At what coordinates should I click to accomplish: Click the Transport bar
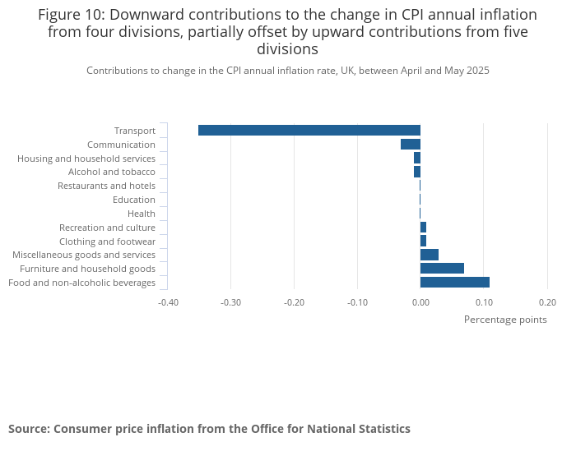click(309, 130)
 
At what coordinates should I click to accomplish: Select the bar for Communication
click(411, 144)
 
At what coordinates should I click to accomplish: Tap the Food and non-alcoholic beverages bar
click(454, 283)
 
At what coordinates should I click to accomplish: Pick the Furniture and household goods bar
click(442, 269)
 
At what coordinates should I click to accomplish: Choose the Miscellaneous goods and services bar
click(429, 255)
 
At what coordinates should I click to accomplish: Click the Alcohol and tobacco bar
click(417, 172)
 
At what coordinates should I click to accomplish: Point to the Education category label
click(133, 200)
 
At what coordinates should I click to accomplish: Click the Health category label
click(141, 214)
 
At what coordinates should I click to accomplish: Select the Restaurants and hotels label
click(106, 186)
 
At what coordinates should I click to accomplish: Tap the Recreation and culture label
click(107, 228)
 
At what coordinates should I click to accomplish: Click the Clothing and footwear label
click(107, 242)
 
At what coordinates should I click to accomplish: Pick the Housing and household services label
click(86, 158)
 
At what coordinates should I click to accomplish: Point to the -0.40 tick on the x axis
click(168, 301)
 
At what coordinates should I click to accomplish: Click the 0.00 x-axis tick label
click(420, 301)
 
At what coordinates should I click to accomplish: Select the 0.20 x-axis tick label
click(547, 301)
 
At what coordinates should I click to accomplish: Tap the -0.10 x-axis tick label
click(357, 301)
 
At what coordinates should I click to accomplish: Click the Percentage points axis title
click(505, 320)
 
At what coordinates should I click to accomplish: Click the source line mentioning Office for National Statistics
click(209, 429)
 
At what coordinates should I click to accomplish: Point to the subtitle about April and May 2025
click(288, 71)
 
